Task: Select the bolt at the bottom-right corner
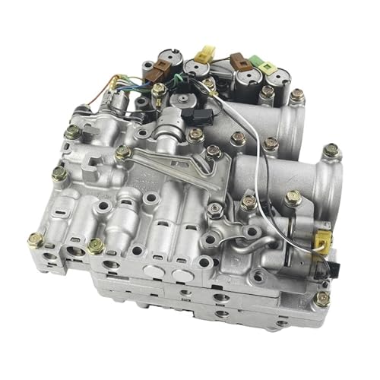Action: tap(321, 299)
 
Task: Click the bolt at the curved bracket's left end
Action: tap(124, 153)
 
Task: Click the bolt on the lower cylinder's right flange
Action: tap(330, 150)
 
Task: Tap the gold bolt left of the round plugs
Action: tap(97, 245)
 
